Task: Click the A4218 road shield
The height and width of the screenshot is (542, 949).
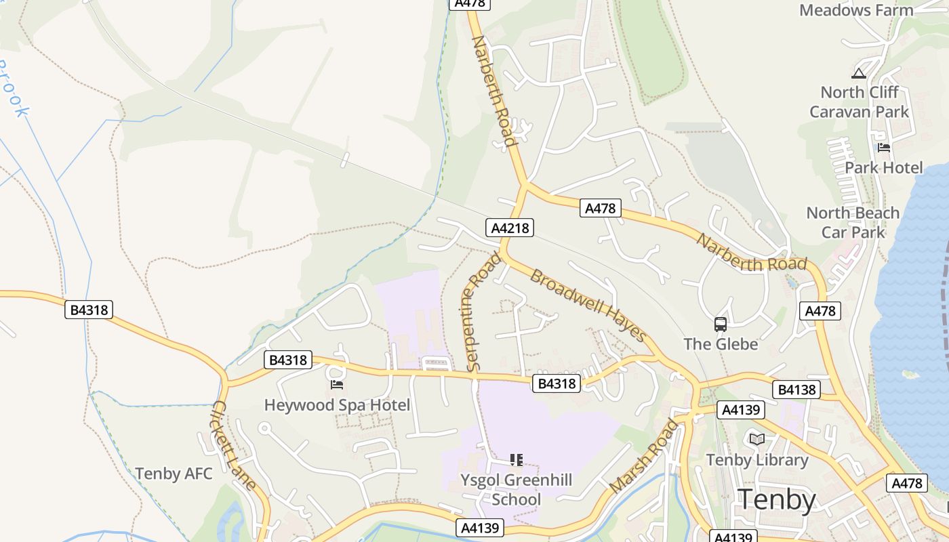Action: click(x=510, y=228)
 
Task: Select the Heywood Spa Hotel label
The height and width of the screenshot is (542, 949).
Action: click(x=337, y=405)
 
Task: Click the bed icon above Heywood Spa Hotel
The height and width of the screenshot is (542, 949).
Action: click(x=337, y=385)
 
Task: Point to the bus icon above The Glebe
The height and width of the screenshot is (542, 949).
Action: click(x=720, y=325)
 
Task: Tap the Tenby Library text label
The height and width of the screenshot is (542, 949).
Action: click(x=757, y=460)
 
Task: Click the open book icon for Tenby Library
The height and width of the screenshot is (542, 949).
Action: click(x=757, y=439)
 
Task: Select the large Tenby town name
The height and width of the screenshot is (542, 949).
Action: click(x=776, y=499)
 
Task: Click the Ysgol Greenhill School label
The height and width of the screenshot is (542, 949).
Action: click(x=517, y=490)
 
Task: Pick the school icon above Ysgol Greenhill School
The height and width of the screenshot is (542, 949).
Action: click(x=517, y=460)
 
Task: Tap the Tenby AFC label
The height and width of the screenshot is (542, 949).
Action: click(x=174, y=474)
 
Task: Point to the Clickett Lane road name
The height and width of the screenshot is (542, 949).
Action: click(x=234, y=445)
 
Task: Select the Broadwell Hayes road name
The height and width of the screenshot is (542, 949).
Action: click(x=588, y=306)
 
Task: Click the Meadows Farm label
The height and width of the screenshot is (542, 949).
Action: click(x=856, y=10)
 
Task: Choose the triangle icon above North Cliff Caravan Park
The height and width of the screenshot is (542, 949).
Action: click(x=859, y=73)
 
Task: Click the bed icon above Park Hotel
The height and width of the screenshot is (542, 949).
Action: click(x=883, y=147)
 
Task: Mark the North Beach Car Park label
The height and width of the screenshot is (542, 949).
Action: click(x=853, y=222)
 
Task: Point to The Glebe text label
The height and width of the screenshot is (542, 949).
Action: click(x=721, y=344)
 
